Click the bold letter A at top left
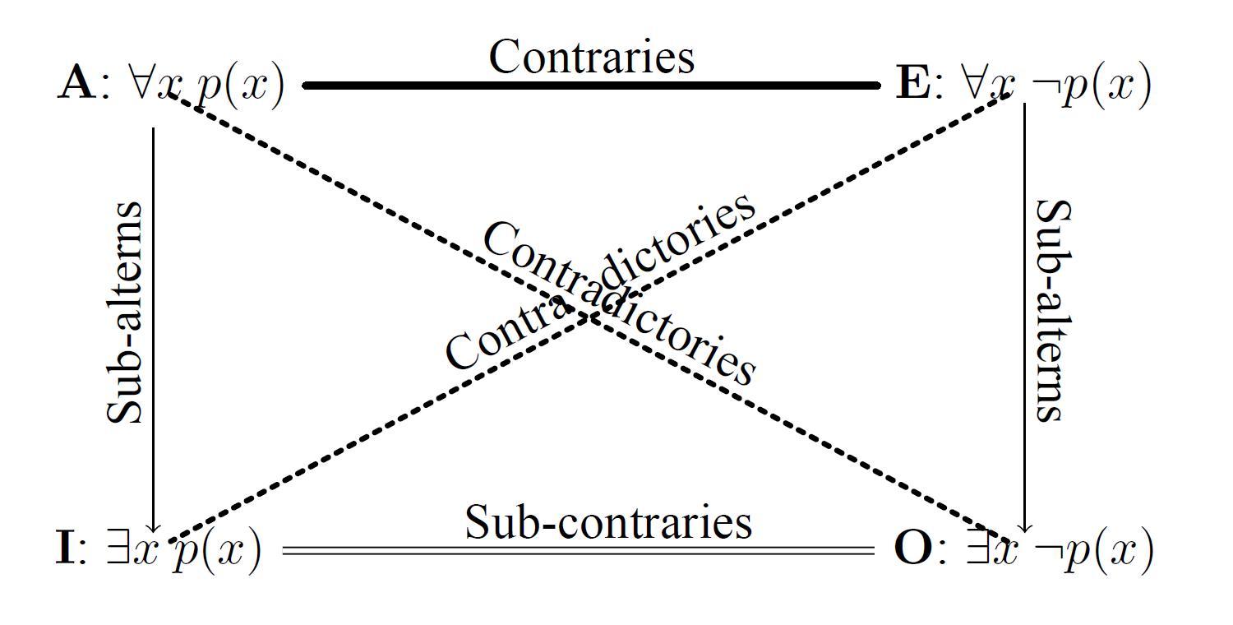pos(76,85)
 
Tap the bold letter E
pos(912,85)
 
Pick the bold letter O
pos(913,549)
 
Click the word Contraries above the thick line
pos(592,58)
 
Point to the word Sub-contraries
pos(608,523)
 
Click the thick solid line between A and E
pos(592,85)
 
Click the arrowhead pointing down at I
pos(154,526)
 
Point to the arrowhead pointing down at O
pos(1024,526)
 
